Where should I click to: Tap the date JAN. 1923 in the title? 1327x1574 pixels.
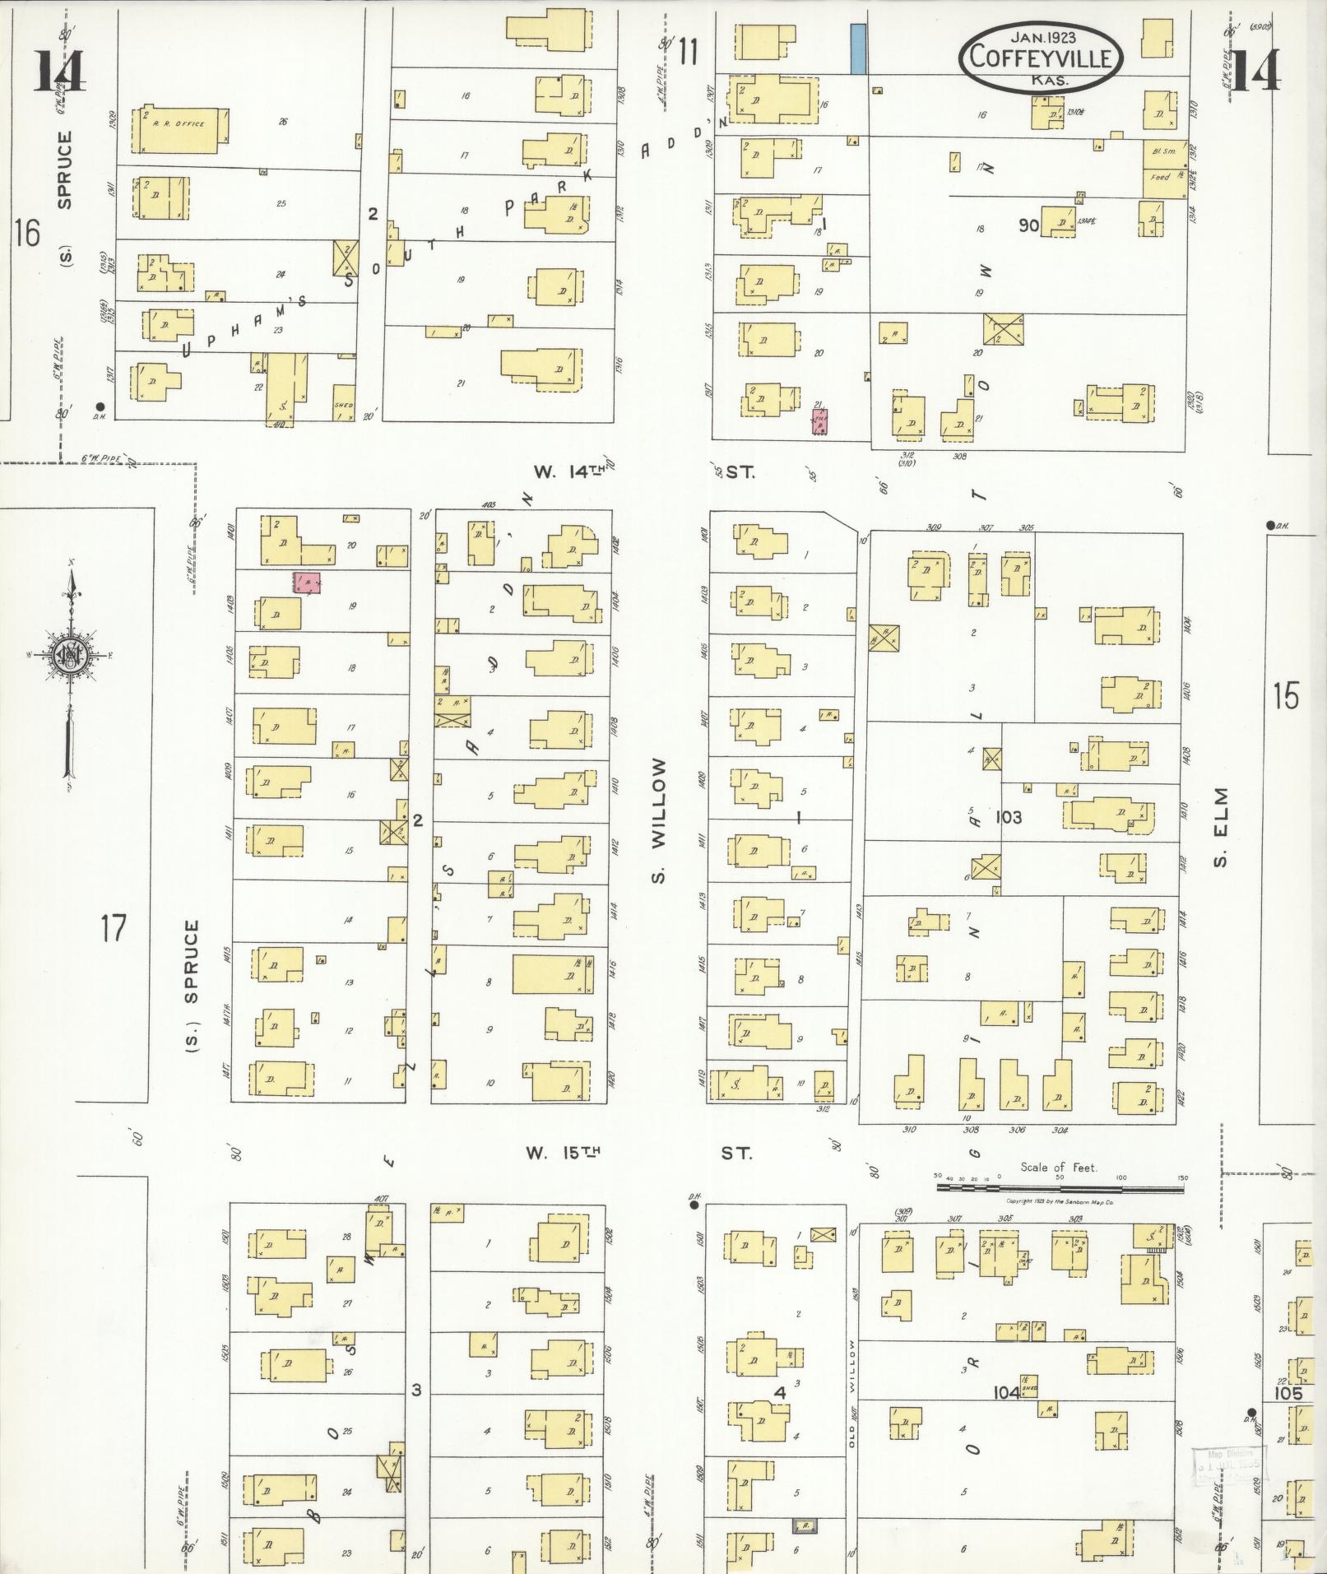(1044, 35)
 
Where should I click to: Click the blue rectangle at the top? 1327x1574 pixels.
(858, 49)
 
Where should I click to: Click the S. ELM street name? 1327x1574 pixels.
(1221, 827)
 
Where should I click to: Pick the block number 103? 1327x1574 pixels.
(1009, 817)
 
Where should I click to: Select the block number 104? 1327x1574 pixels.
(1007, 1392)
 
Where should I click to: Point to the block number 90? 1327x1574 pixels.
(1028, 225)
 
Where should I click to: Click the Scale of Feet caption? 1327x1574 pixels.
(1059, 1167)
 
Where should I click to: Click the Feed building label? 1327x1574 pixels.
(1160, 177)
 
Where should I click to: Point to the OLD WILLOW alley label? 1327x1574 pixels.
(853, 1395)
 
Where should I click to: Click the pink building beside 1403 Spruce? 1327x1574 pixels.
(308, 583)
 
